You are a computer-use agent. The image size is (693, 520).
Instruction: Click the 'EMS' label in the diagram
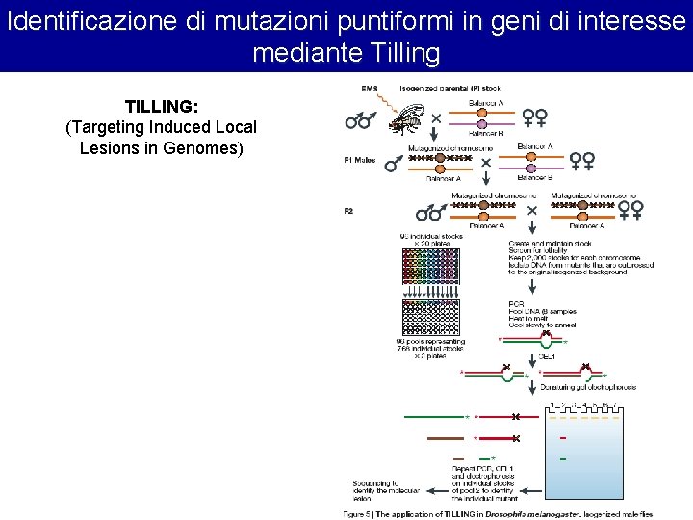click(x=370, y=90)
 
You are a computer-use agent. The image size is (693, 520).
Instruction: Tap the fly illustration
click(x=409, y=120)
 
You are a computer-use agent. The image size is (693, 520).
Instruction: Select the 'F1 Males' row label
click(x=360, y=160)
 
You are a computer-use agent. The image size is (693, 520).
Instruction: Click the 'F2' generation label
click(x=348, y=211)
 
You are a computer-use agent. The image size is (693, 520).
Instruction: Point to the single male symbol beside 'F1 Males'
click(x=392, y=165)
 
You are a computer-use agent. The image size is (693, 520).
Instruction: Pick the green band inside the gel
click(x=561, y=459)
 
